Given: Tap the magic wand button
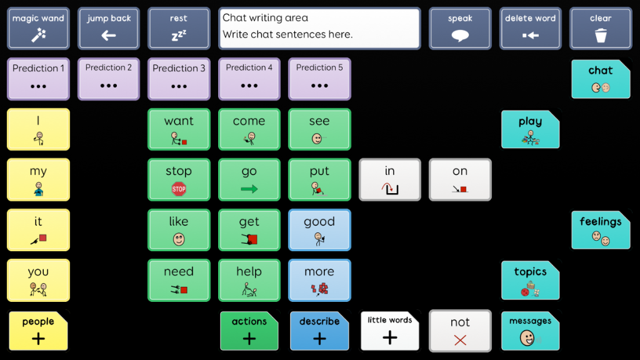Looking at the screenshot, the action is pyautogui.click(x=38, y=28).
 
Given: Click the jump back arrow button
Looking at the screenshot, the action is pyautogui.click(x=109, y=28).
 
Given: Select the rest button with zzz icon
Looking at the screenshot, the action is pyautogui.click(x=179, y=28).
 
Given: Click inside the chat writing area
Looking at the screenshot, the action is pyautogui.click(x=319, y=28).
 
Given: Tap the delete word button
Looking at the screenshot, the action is pyautogui.click(x=530, y=28).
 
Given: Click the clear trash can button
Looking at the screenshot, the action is pyautogui.click(x=601, y=28).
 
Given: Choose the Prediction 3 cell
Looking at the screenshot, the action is pyautogui.click(x=179, y=79).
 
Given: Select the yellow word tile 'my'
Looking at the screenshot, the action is pyautogui.click(x=38, y=179).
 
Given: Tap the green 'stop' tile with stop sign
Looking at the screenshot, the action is pyautogui.click(x=179, y=179).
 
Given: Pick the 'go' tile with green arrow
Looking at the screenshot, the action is pyautogui.click(x=249, y=179).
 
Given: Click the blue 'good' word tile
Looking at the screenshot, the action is pyautogui.click(x=319, y=230).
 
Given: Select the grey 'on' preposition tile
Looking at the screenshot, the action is pyautogui.click(x=460, y=179).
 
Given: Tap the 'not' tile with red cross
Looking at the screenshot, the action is pyautogui.click(x=460, y=331).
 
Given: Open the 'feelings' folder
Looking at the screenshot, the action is pyautogui.click(x=601, y=230).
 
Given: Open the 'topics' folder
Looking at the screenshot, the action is pyautogui.click(x=530, y=281).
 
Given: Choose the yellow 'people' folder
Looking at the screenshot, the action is pyautogui.click(x=38, y=331).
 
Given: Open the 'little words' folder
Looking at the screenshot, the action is pyautogui.click(x=390, y=331).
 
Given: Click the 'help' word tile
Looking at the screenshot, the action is pyautogui.click(x=249, y=281).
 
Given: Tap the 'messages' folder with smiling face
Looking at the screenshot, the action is pyautogui.click(x=530, y=331).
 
